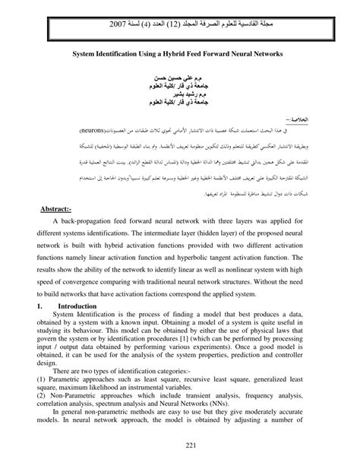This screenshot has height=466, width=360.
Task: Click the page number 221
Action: click(179, 445)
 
